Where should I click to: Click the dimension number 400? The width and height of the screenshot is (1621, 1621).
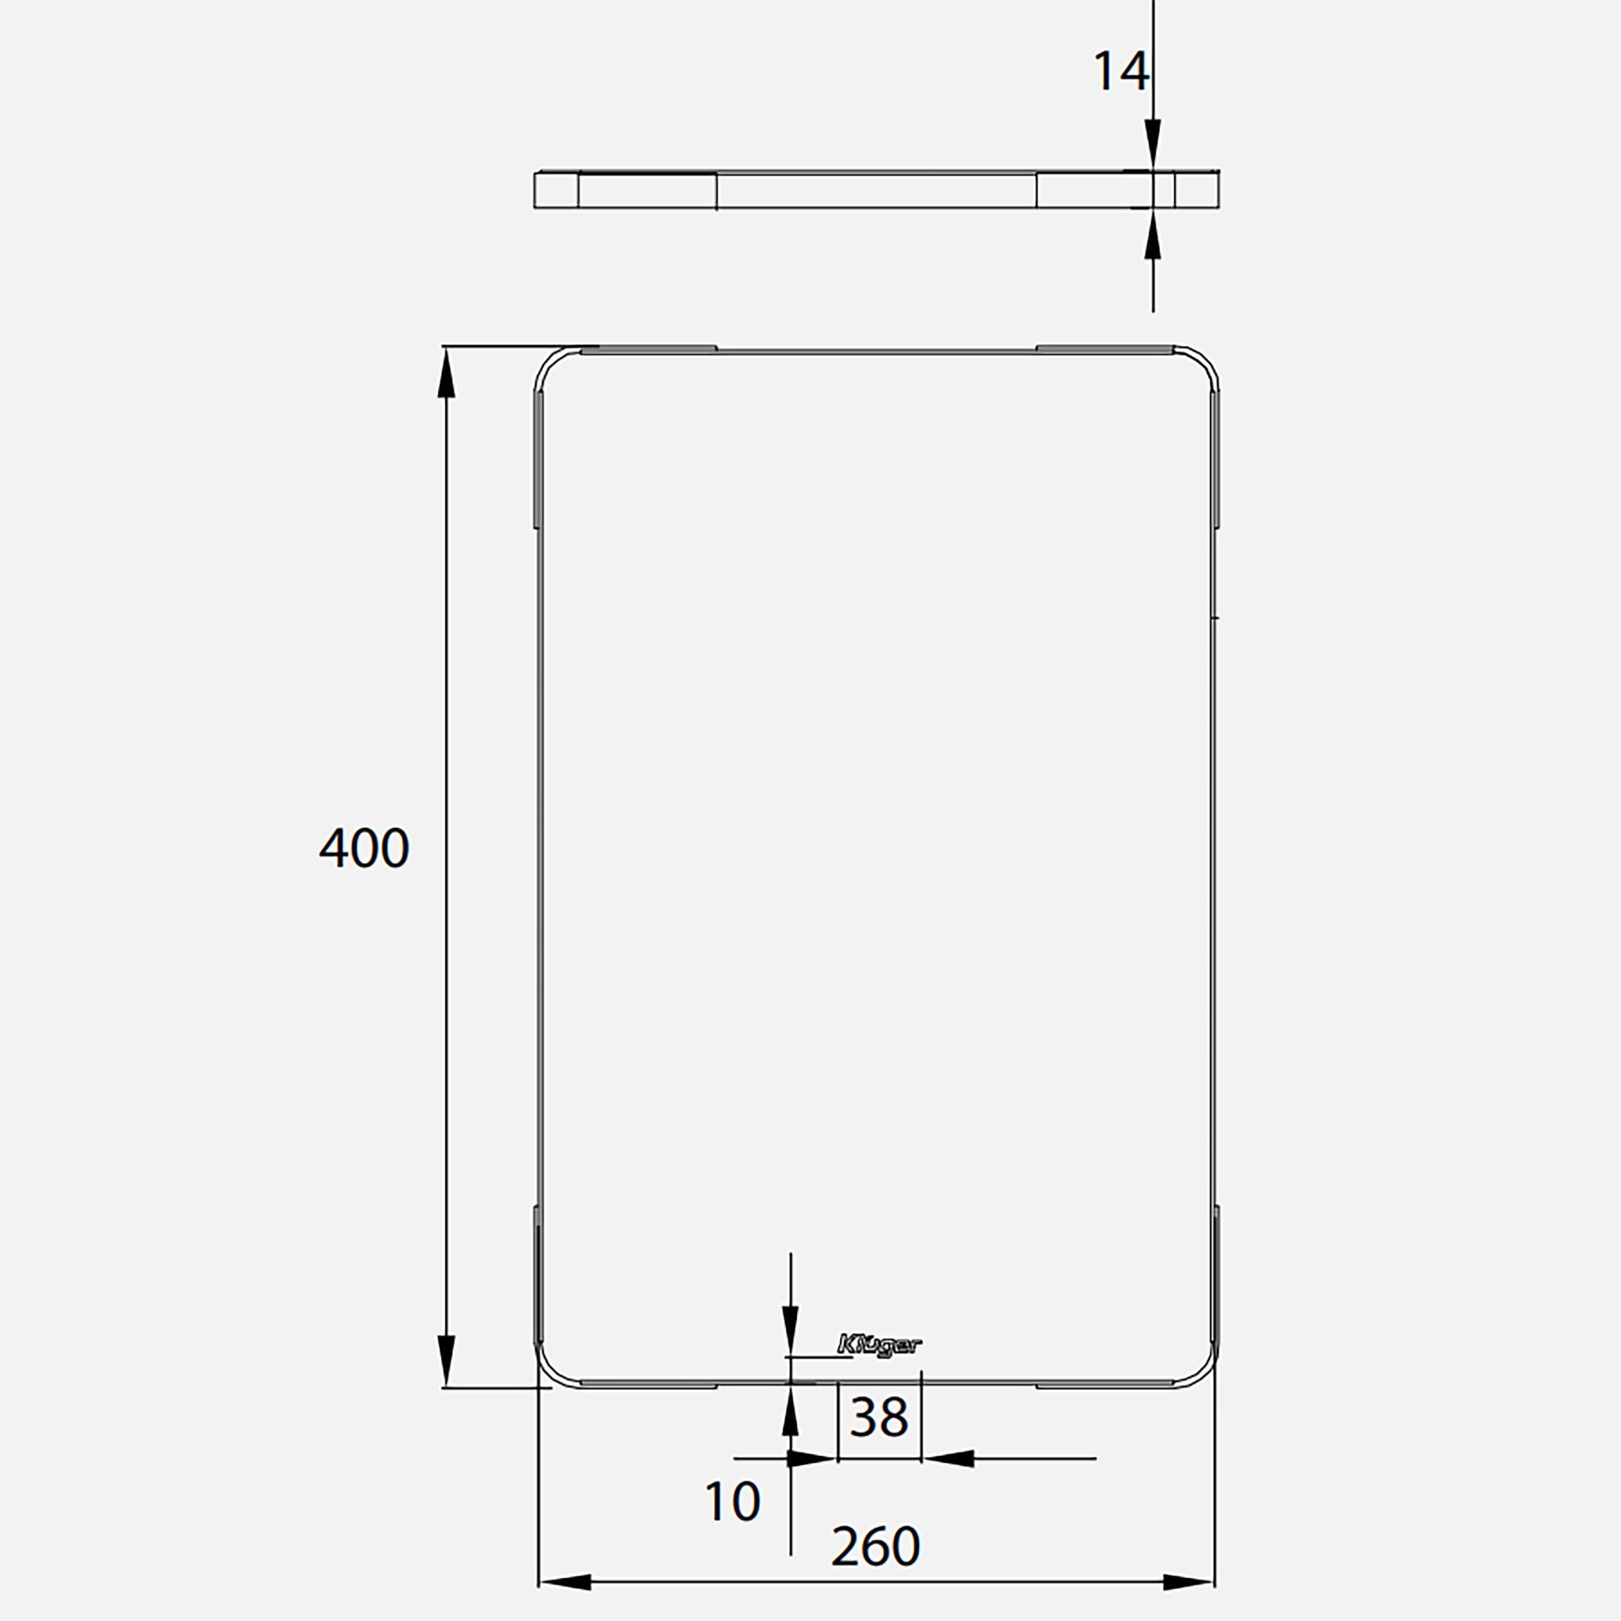(x=364, y=848)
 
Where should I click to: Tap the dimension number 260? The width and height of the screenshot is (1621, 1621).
(x=875, y=1546)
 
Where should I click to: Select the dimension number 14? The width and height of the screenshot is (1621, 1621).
(x=1120, y=72)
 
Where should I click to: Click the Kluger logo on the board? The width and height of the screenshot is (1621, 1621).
(x=880, y=1345)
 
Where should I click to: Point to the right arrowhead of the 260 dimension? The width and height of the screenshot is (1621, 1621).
(x=1188, y=1582)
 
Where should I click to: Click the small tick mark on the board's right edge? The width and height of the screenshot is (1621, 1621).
(x=1216, y=617)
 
